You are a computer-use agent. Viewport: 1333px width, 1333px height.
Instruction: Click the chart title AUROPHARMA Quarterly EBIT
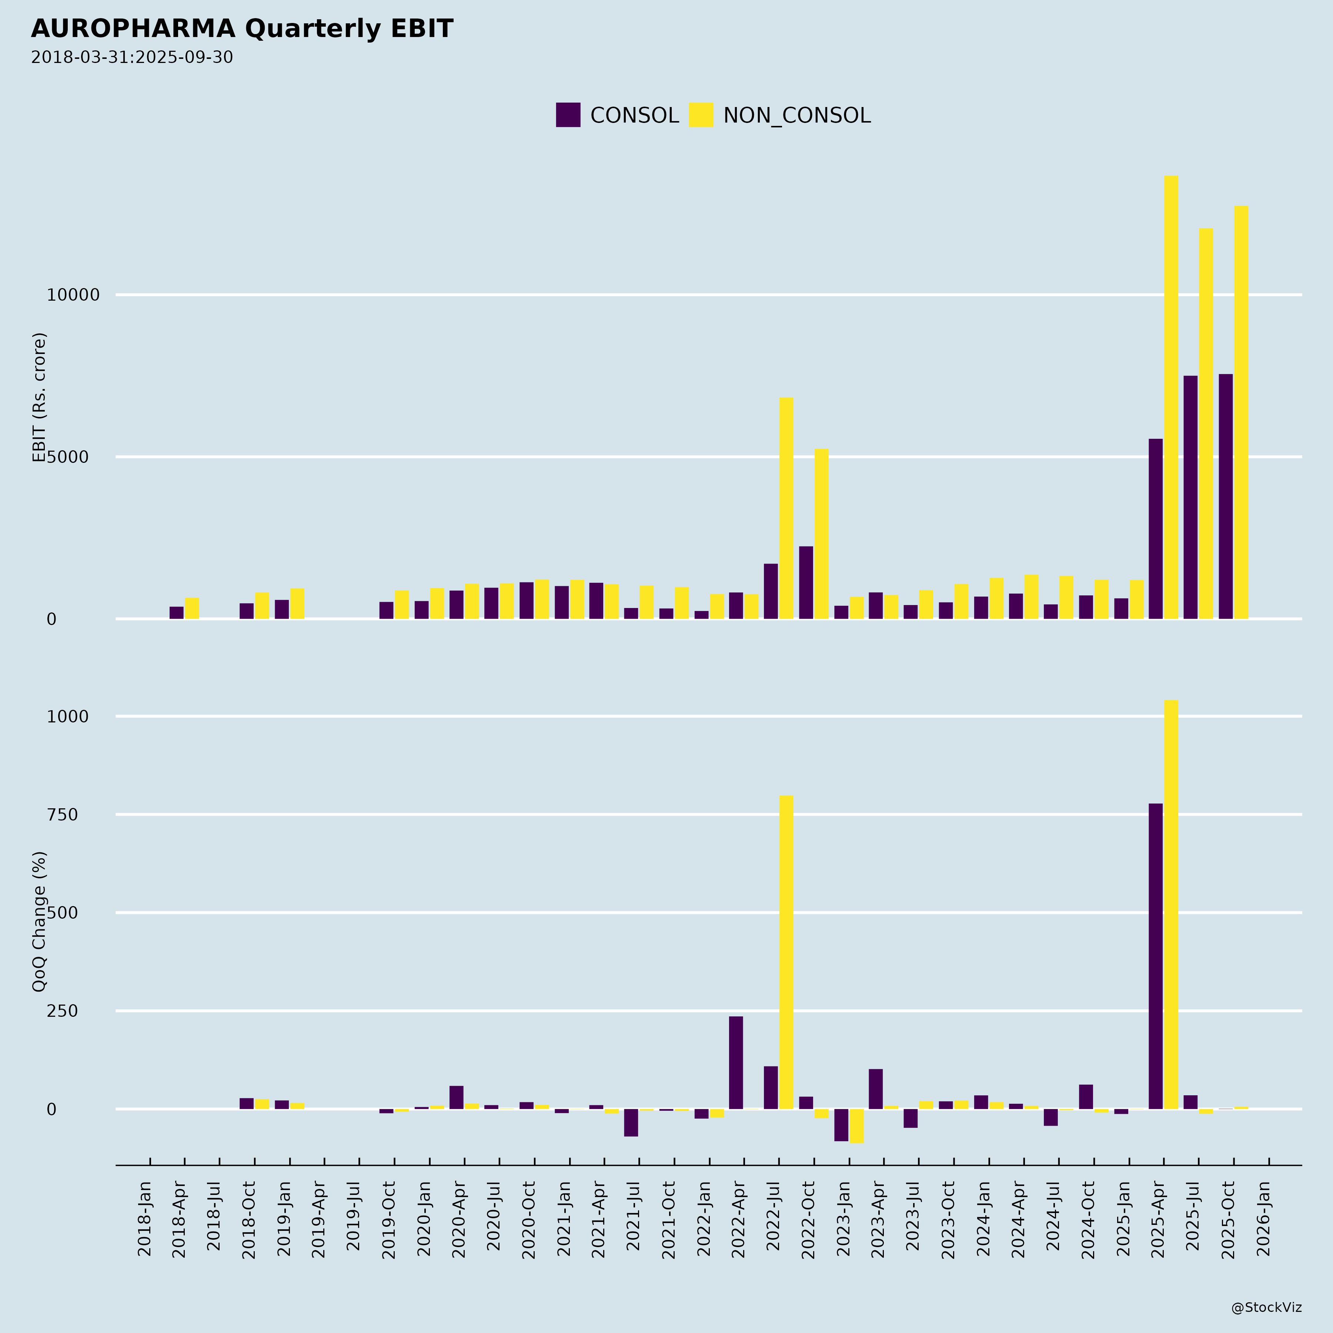[x=241, y=29]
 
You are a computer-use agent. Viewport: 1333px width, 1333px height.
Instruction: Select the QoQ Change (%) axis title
[x=39, y=921]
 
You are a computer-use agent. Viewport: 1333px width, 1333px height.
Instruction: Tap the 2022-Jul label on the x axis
[x=773, y=1219]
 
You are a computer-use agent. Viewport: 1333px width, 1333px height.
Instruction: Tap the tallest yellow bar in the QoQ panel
[x=1171, y=904]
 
